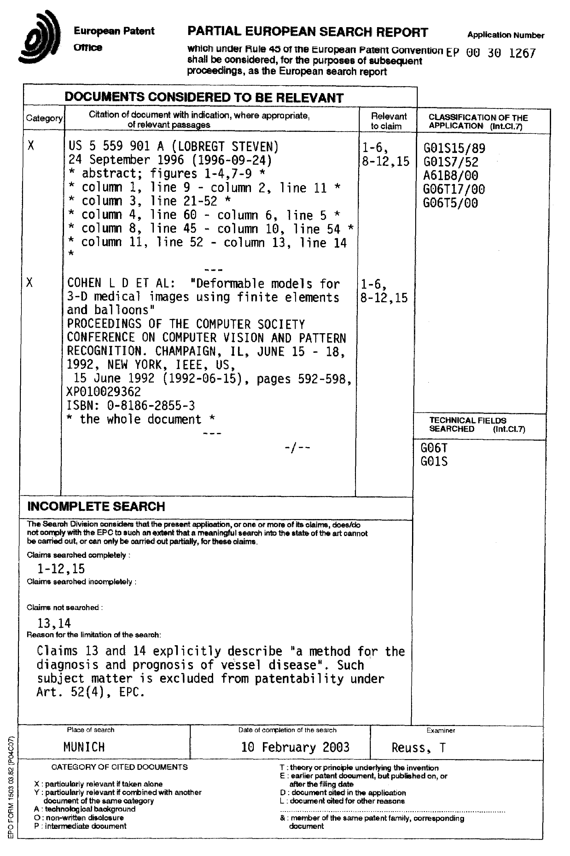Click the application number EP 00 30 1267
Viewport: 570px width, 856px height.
click(x=491, y=53)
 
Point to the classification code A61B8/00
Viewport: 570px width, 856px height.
click(x=451, y=175)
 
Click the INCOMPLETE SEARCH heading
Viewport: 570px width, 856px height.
click(x=96, y=506)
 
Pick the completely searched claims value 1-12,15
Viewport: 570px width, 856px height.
click(x=61, y=568)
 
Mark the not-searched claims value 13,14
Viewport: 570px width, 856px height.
click(x=54, y=623)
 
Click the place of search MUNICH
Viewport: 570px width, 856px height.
click(x=84, y=747)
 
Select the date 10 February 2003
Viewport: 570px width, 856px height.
click(x=295, y=747)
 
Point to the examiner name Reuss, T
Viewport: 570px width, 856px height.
click(x=418, y=747)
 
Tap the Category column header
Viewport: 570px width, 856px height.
click(x=44, y=118)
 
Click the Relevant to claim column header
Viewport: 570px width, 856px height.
click(x=388, y=121)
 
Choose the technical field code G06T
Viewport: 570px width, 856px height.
click(x=434, y=447)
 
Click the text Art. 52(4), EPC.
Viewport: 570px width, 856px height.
click(x=91, y=692)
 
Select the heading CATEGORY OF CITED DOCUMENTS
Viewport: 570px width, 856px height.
click(x=119, y=767)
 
